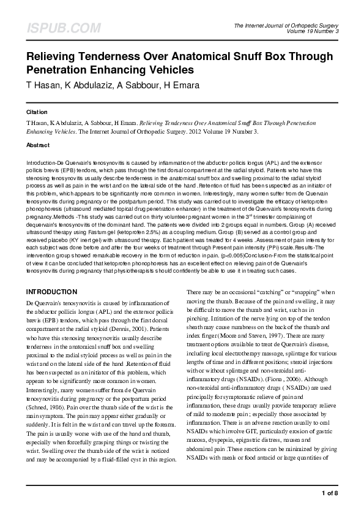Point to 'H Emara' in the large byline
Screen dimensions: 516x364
tap(182, 85)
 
